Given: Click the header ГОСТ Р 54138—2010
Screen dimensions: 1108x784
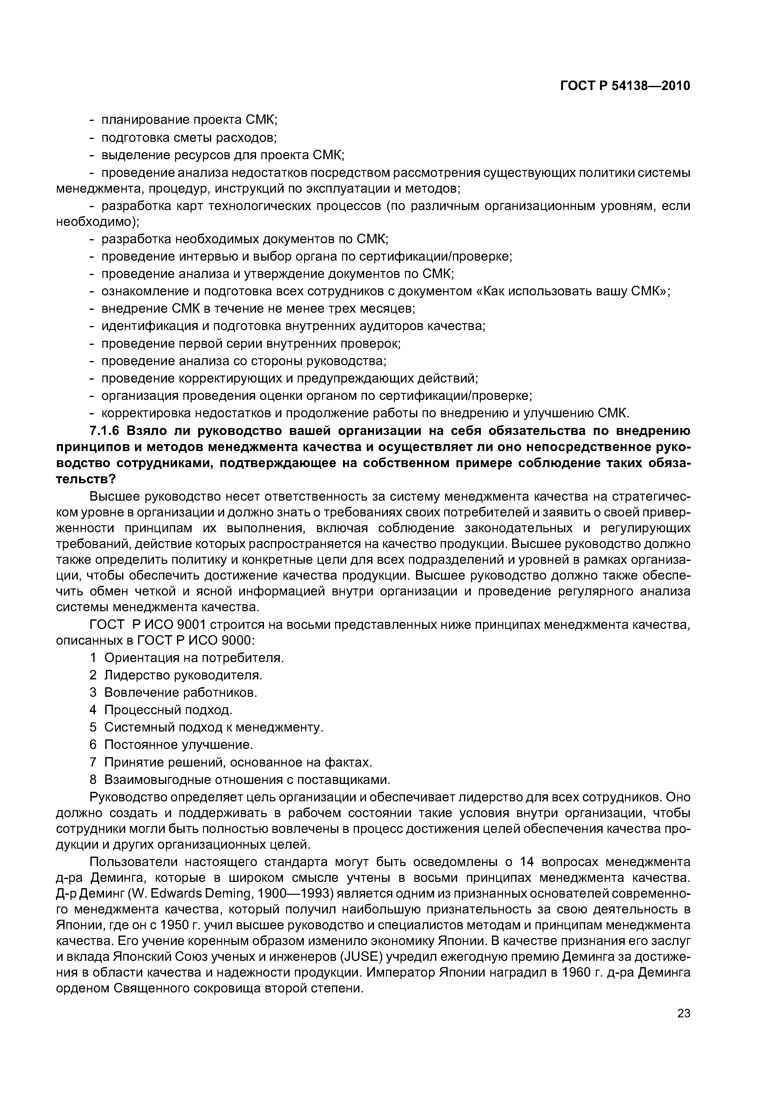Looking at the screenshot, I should click(x=625, y=86).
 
